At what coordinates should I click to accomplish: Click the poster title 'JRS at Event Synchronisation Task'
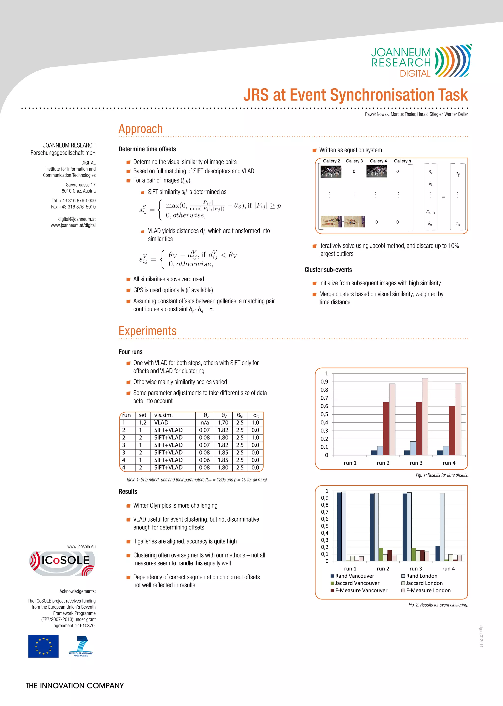(x=355, y=95)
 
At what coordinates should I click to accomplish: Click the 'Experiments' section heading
(x=147, y=331)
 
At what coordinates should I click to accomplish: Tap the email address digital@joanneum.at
(x=77, y=219)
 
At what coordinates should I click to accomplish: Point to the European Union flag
(x=43, y=646)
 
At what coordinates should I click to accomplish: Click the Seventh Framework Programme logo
(x=81, y=646)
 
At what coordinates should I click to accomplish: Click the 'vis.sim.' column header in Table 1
(x=164, y=415)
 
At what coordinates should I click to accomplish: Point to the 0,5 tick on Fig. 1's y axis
(x=324, y=415)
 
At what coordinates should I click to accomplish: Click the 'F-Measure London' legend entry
(x=428, y=590)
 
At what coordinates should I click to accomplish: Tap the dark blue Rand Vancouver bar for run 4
(x=438, y=554)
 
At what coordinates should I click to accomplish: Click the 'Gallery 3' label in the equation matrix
(x=354, y=161)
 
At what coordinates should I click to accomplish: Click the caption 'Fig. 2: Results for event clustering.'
(x=438, y=605)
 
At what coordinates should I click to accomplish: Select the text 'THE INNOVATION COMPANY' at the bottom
(x=75, y=686)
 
